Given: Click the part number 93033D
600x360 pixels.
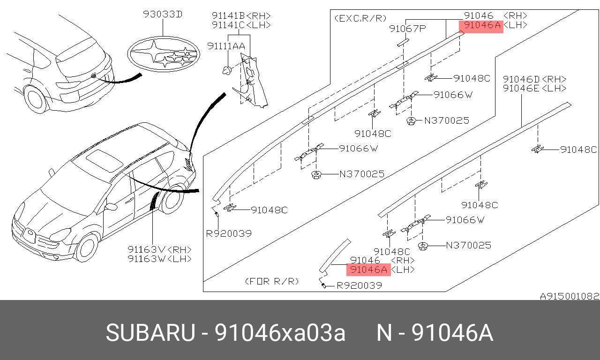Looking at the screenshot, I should (x=163, y=15).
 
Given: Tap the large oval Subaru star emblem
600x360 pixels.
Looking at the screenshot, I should (x=164, y=55).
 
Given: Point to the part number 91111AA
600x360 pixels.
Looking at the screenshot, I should (x=226, y=46).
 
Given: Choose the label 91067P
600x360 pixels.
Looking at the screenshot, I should (x=407, y=29).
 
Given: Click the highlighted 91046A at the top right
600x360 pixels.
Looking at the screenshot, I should (x=482, y=25).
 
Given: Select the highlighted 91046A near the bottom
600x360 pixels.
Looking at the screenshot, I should (x=368, y=270).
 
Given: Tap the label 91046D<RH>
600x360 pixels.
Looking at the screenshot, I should (x=534, y=79).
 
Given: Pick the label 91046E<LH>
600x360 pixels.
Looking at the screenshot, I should (x=534, y=88).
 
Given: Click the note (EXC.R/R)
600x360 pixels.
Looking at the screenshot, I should (x=360, y=18).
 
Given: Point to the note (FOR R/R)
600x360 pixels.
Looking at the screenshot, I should (x=272, y=281).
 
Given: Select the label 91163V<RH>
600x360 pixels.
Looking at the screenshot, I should (x=159, y=250).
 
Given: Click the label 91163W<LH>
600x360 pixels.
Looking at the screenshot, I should (x=159, y=259).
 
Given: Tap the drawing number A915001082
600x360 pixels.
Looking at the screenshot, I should (x=569, y=296).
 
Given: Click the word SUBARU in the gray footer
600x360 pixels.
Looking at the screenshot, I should (x=150, y=333).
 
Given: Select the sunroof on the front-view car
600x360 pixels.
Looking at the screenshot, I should (x=104, y=160).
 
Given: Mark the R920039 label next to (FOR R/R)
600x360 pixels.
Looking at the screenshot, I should (x=359, y=285).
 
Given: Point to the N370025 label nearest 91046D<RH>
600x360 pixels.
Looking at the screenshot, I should (x=468, y=245).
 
